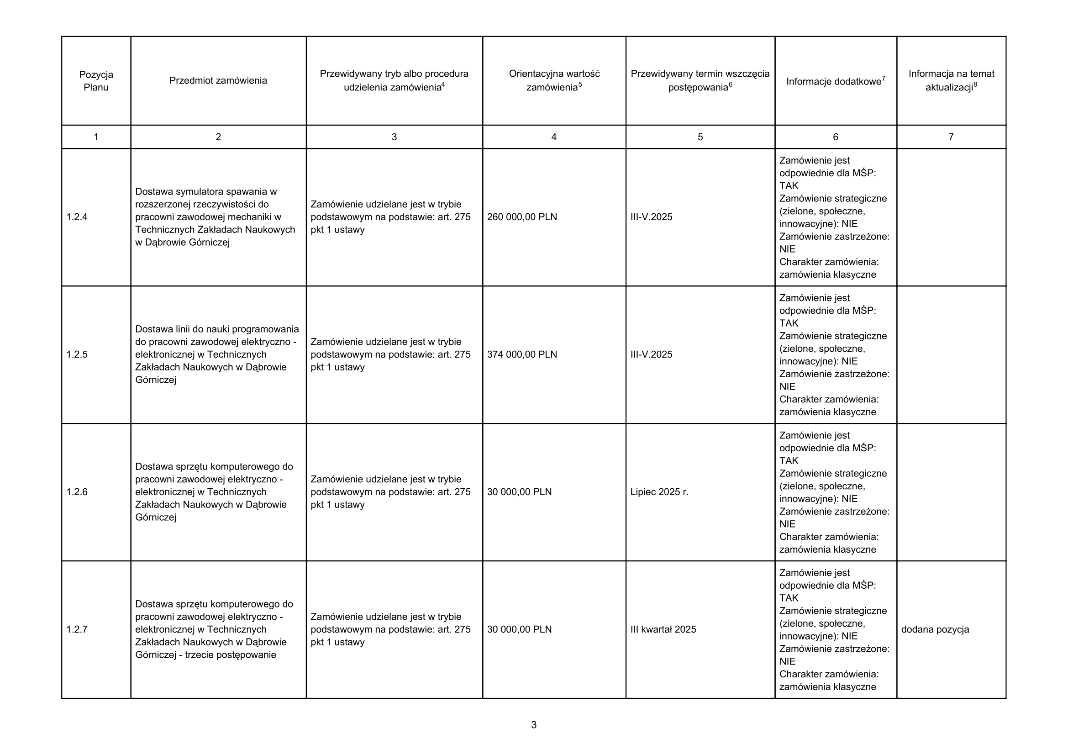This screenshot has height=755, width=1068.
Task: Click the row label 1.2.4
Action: pos(77,217)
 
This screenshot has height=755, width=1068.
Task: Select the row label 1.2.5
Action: pos(77,354)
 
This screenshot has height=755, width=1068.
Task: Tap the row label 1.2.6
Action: pos(77,492)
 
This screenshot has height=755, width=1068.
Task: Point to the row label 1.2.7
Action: pos(77,629)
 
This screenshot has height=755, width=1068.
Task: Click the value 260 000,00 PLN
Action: pos(522,217)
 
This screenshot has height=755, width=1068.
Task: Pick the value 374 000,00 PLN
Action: pos(522,354)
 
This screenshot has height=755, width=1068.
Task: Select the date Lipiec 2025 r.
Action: pos(659,492)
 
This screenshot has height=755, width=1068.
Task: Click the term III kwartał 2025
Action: pos(663,629)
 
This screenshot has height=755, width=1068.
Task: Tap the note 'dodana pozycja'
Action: pos(935,629)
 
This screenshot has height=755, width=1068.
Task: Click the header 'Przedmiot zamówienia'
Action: pos(218,81)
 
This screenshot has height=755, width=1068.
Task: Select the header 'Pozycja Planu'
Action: pos(96,81)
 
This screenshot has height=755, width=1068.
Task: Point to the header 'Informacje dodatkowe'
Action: pos(834,82)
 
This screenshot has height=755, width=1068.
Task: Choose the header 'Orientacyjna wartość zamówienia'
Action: pos(554,80)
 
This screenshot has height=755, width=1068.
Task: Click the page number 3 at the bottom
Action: pos(533,725)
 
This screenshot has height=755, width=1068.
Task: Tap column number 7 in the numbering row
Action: pos(951,137)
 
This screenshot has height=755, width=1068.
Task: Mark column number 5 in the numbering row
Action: pos(700,137)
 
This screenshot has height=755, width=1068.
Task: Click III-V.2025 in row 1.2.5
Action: pos(651,354)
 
